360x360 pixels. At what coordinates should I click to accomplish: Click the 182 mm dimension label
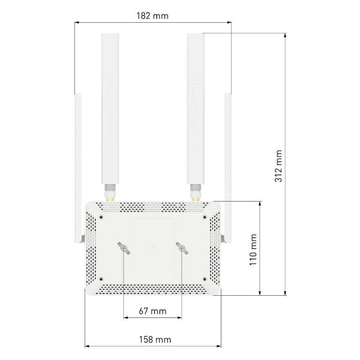coord(152,16)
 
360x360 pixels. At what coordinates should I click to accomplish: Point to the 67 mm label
coord(152,311)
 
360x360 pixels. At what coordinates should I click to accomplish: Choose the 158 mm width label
coord(155,340)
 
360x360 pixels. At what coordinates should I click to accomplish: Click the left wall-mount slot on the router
coord(123,247)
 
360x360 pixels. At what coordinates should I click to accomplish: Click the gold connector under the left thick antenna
coord(110,192)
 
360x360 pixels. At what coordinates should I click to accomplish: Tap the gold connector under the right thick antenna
coord(195,192)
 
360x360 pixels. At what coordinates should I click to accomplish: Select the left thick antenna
coord(110,108)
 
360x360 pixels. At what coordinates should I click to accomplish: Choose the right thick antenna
coord(196,108)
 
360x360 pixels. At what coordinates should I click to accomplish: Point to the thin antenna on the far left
coord(77,168)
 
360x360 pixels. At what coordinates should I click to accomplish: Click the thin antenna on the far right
coord(228,168)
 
